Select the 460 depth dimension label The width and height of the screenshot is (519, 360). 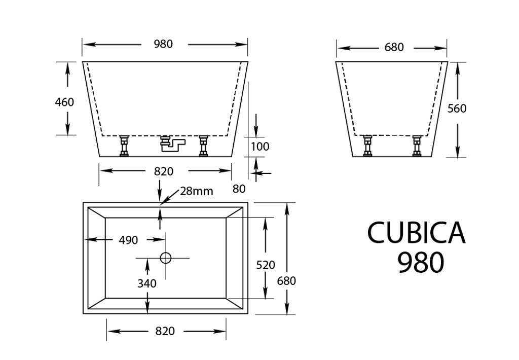click(64, 102)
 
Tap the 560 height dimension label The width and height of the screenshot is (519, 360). click(457, 109)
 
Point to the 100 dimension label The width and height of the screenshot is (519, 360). click(261, 147)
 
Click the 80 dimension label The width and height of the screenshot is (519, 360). click(239, 189)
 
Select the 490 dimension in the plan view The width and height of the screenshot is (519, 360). click(128, 240)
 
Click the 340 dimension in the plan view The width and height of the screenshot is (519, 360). click(147, 283)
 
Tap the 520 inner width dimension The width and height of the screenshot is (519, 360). click(266, 265)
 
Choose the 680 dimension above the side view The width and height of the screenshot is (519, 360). click(394, 48)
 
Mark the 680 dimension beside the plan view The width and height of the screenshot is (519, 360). click(286, 280)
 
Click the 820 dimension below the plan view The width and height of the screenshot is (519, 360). click(164, 331)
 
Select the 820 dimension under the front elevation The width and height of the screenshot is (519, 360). click(164, 171)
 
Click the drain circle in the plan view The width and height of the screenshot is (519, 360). click(166, 258)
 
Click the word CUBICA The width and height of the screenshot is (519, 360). click(416, 233)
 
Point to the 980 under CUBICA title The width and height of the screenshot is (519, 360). click(421, 263)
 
